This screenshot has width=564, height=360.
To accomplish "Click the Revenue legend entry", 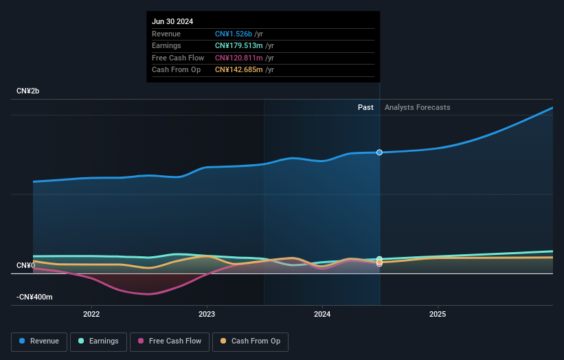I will coord(40,341).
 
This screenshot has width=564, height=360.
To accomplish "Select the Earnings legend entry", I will coord(99,341).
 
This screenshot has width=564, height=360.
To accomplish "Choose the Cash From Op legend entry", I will coord(250,341).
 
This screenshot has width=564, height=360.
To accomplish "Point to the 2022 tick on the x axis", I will coord(91,315).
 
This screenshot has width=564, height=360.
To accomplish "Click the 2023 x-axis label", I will coord(207,315).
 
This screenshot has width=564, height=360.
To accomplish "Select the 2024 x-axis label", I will coord(322,315).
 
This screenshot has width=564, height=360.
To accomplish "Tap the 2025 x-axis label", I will coord(438,315).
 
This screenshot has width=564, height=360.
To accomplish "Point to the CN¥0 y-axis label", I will coord(26,265).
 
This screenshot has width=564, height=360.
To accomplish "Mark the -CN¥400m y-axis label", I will coord(34,297).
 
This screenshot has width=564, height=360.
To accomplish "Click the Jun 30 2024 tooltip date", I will coord(172,21).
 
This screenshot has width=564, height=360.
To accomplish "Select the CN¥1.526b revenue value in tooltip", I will coord(234,34).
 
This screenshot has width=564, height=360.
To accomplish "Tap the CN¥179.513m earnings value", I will coord(238,46).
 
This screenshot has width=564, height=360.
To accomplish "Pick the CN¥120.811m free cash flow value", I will coord(238,58).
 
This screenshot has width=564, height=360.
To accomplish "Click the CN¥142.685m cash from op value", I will coord(238,69).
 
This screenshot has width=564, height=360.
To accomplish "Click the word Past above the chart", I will coord(365,107).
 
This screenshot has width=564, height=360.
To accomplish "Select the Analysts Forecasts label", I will coord(418,107).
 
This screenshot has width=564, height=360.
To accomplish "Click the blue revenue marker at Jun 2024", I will coord(379,153).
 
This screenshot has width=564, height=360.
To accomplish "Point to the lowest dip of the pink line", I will coord(147,294).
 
